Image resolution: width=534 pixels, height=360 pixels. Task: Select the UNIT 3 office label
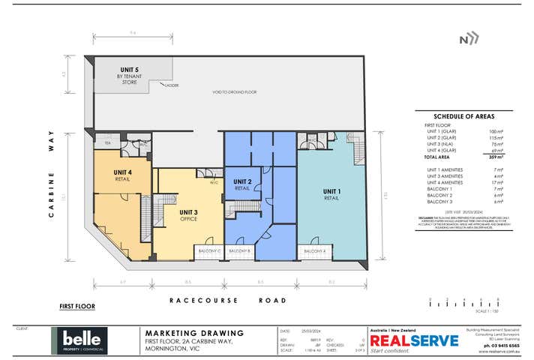[x=187, y=216]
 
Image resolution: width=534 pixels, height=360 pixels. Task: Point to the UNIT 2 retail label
[x=241, y=184]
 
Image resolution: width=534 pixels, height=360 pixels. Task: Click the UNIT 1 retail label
[x=331, y=194]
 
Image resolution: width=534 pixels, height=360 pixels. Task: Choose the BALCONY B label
[x=239, y=250]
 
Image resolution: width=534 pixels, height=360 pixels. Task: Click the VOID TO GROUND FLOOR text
[x=234, y=91]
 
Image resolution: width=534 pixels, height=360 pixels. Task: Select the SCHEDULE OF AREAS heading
[x=457, y=116]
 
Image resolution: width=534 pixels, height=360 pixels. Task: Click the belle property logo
[x=79, y=340]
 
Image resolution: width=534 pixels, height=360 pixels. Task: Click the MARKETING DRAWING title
[x=193, y=333]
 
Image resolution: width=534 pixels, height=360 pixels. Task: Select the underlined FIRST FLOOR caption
[x=77, y=307]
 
